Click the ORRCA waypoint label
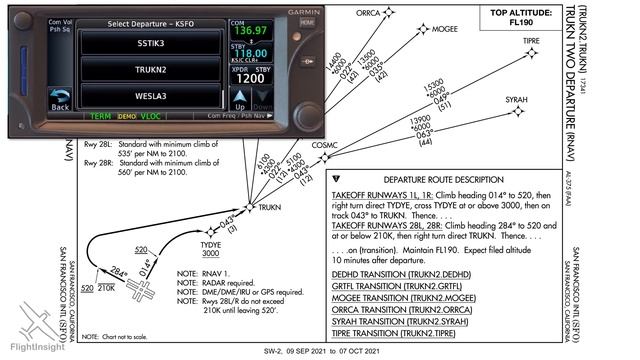click(369, 13)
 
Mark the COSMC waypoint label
click(326, 144)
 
